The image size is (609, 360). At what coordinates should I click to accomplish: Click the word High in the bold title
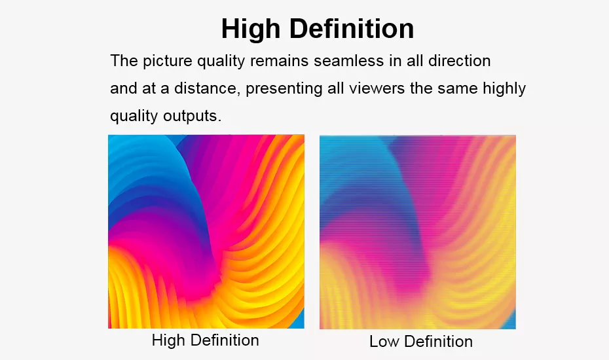tap(251, 29)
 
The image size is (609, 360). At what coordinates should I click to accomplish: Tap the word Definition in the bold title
tap(352, 28)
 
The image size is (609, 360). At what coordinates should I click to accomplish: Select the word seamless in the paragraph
tap(348, 61)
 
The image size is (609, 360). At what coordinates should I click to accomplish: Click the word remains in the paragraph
tap(279, 61)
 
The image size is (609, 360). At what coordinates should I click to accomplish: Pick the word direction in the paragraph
tap(459, 61)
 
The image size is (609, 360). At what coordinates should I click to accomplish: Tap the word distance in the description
tap(205, 88)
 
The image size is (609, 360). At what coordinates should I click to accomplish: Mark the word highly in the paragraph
tap(504, 89)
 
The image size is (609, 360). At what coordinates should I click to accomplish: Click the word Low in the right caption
tap(384, 342)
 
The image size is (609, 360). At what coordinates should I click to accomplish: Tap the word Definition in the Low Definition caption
tap(438, 342)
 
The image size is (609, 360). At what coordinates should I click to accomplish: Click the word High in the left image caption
tap(168, 340)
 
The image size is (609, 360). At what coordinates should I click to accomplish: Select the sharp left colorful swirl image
tap(206, 232)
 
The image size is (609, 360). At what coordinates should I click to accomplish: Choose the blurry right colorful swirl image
tap(418, 232)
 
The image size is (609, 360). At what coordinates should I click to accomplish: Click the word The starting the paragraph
tap(124, 61)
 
